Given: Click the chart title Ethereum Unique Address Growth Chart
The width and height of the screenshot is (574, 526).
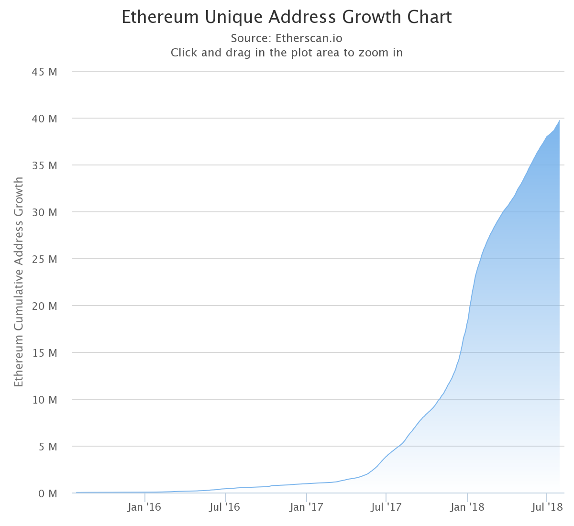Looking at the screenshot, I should point(287,17).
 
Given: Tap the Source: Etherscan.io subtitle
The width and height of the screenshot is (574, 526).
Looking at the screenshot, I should point(287,38).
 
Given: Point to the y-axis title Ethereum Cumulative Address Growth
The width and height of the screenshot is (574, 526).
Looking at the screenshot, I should point(19,282).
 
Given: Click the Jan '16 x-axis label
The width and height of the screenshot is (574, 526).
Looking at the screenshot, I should point(144,507).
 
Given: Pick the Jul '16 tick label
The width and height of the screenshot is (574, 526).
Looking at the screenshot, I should point(225,507).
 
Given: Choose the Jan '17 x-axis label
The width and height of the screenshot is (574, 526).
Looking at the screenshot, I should point(306,507).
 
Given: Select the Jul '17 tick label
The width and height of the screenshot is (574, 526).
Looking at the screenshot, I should point(386,507).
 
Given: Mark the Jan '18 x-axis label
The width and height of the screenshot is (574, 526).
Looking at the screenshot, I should point(467,507).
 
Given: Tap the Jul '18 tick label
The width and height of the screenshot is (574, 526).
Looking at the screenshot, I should point(547,507).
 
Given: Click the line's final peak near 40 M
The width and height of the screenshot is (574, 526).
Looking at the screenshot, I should point(559,121).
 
